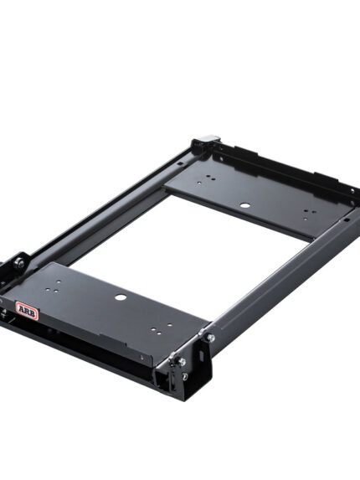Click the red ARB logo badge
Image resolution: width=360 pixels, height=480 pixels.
point(28,311)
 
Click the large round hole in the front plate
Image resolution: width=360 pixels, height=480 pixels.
point(121,297)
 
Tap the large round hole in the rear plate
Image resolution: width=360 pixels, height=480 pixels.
point(244,205)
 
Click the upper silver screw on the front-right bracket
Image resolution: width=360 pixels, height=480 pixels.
point(210,338)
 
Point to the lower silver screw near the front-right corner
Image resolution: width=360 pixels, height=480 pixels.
point(182,362)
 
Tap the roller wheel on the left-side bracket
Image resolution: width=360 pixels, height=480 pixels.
point(20,263)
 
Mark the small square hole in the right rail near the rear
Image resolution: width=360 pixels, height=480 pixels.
point(346,219)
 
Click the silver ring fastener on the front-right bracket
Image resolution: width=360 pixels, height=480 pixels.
point(184,376)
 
